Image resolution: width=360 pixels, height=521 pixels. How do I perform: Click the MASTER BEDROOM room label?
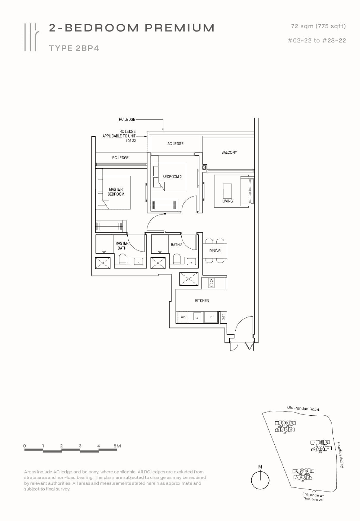point(116,191)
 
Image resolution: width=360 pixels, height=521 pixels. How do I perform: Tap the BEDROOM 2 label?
point(172,177)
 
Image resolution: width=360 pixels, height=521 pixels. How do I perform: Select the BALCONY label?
point(229,152)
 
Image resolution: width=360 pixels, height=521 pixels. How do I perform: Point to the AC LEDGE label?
point(175,144)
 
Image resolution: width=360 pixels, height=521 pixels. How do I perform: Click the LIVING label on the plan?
point(227,201)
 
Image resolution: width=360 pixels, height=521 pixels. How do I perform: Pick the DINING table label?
point(215,251)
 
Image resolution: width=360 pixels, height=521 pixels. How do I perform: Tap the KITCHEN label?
point(202,301)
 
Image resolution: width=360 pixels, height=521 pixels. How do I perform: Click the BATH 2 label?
point(176,245)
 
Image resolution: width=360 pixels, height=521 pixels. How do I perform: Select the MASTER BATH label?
point(122,245)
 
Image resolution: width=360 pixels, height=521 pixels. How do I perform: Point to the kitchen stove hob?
point(211,283)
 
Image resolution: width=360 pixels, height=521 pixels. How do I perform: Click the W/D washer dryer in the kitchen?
point(183,317)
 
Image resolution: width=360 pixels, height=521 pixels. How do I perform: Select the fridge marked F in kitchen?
point(211,317)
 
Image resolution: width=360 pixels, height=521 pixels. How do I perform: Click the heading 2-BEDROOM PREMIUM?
point(131,28)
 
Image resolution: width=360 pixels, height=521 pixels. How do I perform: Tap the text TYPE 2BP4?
point(74,48)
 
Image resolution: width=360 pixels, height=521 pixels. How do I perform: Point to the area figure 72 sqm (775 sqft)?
point(318,26)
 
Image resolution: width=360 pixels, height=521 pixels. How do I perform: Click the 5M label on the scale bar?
point(117,446)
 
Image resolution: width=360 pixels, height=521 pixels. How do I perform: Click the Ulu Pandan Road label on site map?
point(303,409)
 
